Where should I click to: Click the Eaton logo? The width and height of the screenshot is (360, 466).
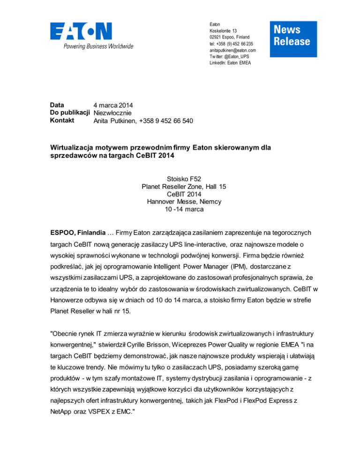click(x=81, y=31)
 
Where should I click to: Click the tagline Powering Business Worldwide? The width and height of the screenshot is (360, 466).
click(x=92, y=46)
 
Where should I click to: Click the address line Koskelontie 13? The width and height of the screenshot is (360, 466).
click(x=223, y=30)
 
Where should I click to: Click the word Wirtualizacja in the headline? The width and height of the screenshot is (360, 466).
click(x=73, y=148)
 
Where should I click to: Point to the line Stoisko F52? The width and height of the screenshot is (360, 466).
click(x=180, y=178)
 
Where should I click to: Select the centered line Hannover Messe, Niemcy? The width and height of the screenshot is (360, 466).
click(x=180, y=202)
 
